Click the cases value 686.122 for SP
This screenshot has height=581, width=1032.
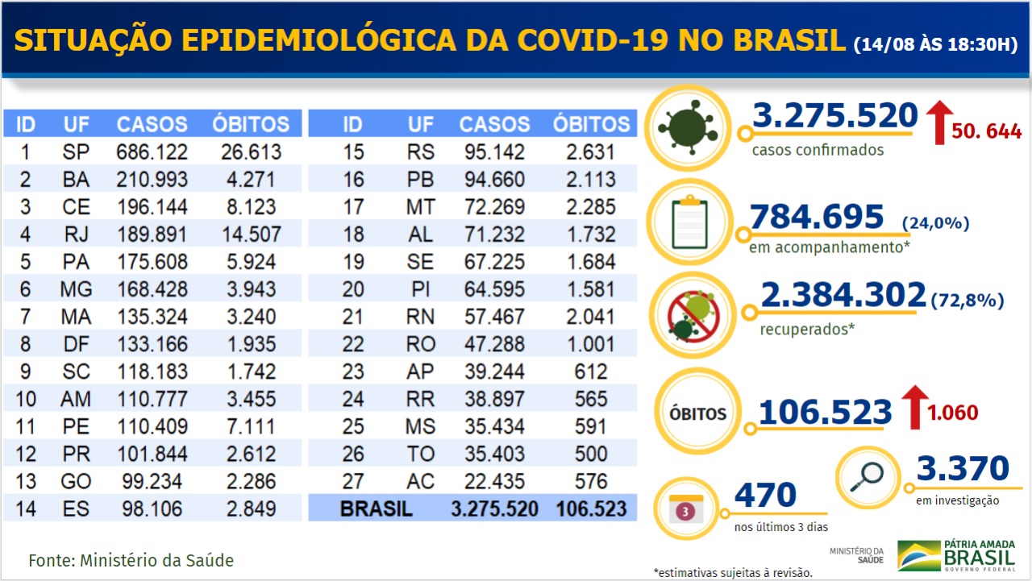coord(152,151)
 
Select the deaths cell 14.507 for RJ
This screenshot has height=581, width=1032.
coord(250,234)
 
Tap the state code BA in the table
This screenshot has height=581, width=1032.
coord(76,180)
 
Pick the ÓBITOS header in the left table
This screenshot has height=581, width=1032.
coord(251,124)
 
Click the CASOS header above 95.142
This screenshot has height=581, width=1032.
coord(494,124)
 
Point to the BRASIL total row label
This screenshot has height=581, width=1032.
coord(376,509)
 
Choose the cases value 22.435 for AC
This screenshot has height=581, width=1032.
coord(494,481)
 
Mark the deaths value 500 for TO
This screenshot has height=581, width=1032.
coord(591,454)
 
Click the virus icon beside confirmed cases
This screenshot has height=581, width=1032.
coord(687,127)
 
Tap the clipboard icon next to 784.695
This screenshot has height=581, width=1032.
coord(689,222)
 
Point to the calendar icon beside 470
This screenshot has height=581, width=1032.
coord(685,508)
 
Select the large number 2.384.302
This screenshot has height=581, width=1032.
coord(843,296)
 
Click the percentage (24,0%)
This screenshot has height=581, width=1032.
coord(935,223)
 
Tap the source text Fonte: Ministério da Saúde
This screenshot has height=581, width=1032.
coord(131,560)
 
